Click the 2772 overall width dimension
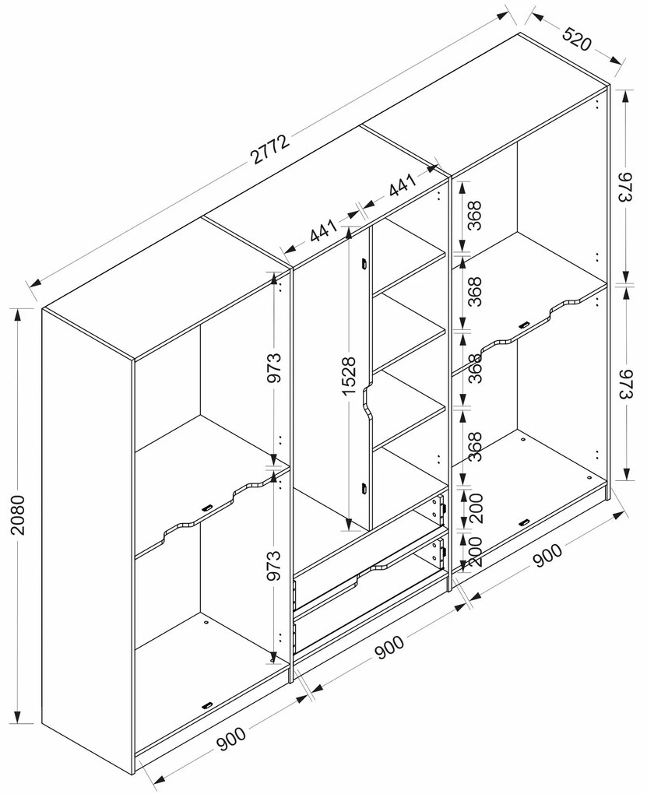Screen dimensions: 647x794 click(x=270, y=149)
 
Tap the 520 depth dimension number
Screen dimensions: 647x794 click(x=577, y=40)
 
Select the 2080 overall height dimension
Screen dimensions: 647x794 click(x=17, y=515)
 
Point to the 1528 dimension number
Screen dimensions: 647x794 click(x=349, y=376)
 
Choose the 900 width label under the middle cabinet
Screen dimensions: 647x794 click(x=389, y=648)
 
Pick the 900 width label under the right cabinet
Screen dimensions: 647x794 click(x=547, y=556)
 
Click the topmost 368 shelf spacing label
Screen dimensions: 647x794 click(x=473, y=216)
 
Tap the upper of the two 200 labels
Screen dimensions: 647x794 click(x=475, y=508)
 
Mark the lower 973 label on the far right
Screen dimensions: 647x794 click(x=627, y=384)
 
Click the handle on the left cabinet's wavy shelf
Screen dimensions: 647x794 click(x=207, y=508)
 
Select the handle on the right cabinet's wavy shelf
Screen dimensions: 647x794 click(x=524, y=325)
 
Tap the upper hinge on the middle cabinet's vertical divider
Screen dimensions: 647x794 click(x=364, y=264)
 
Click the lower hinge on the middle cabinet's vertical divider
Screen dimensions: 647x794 click(x=364, y=489)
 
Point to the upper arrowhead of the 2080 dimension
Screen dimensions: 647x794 click(x=17, y=315)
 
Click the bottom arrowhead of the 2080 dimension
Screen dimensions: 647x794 click(x=17, y=716)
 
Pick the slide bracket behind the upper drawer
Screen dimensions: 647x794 click(x=439, y=508)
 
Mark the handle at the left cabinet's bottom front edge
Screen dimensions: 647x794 click(x=207, y=706)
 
